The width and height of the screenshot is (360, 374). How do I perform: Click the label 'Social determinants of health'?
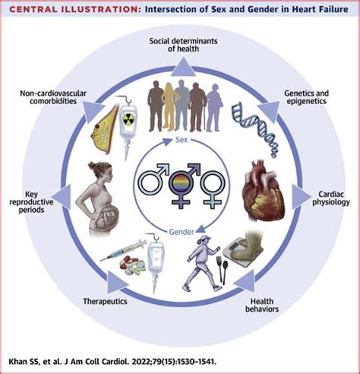[x=179, y=43]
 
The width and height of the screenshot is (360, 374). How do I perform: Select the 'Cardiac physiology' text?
[x=331, y=196]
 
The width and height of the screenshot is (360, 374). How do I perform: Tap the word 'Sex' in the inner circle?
[x=179, y=140]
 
